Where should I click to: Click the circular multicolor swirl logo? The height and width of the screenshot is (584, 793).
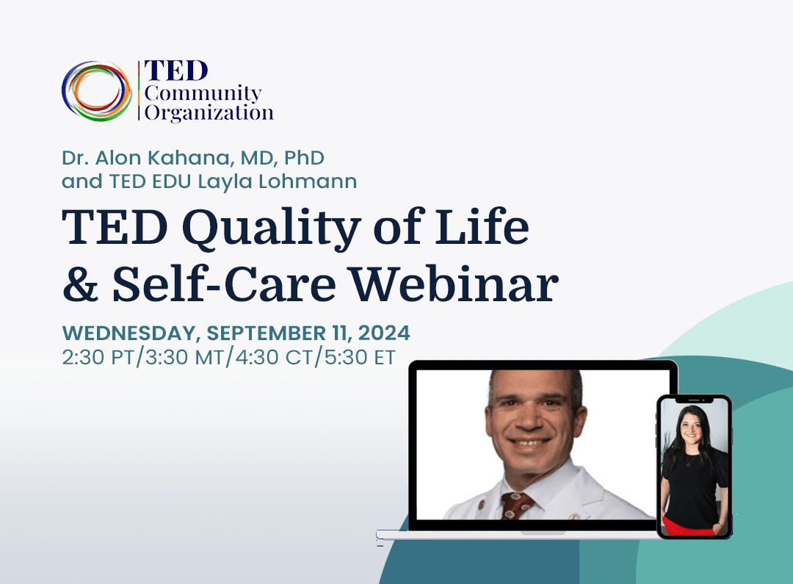96,91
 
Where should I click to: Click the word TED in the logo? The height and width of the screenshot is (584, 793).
176,71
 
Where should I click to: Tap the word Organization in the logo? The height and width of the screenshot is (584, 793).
209,114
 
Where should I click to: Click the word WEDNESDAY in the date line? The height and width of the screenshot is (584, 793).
128,333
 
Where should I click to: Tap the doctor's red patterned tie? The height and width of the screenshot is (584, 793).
518,505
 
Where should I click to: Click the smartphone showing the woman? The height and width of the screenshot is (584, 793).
694,466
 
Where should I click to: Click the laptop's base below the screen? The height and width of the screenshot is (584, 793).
514,535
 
